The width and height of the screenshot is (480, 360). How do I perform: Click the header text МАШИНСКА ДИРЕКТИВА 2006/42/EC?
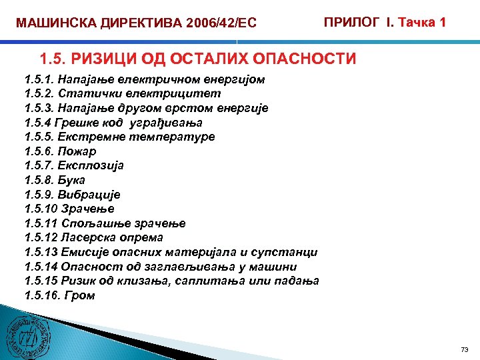pos(136,24)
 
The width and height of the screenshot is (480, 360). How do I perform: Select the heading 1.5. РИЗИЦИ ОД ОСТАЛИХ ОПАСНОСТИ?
pos(198,59)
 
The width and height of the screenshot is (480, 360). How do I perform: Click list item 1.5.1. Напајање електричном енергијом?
pos(144,79)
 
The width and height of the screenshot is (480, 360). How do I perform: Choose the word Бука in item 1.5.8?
pos(72,180)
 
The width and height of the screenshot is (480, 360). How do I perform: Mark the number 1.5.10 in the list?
pos(39,209)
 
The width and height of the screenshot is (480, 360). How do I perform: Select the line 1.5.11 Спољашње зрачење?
pos(105,223)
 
